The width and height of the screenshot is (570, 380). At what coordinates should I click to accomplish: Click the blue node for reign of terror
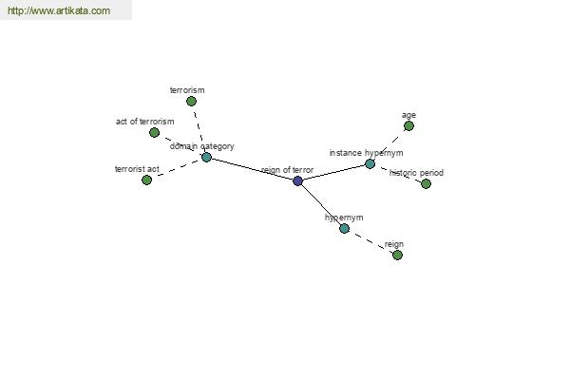coord(297,180)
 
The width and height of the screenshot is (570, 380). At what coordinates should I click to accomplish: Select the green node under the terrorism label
coord(191,101)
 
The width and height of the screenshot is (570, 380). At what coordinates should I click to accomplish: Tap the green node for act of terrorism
coord(154,132)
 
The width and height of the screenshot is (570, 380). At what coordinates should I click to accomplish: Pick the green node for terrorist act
coord(146,180)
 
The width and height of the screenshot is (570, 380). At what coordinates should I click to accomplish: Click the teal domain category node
coord(206,158)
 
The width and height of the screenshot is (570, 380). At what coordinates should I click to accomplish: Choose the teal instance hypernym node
coord(370,164)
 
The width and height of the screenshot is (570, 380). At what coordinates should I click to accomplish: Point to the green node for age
coord(408,125)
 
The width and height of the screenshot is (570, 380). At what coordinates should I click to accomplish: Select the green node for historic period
coord(426,183)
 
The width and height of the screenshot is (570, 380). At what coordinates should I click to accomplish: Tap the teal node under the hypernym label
coord(344,228)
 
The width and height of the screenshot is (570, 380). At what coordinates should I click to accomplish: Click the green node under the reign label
coord(397,255)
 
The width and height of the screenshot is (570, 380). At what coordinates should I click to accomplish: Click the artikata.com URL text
coord(59,10)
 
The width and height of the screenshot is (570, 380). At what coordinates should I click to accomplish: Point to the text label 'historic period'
coord(416,173)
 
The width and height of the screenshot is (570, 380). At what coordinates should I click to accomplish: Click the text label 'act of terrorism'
coord(144,122)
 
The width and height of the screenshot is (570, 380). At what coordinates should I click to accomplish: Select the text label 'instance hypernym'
coord(366,153)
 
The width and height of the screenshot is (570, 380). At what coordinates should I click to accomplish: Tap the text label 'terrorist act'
coord(137,169)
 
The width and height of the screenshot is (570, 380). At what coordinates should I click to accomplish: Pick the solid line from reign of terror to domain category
coord(252,169)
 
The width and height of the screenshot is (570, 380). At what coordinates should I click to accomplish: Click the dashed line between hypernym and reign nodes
coord(370,242)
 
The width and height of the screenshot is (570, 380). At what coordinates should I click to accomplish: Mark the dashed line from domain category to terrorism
coord(199,130)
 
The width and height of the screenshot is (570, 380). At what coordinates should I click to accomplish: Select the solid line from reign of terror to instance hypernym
coord(333,172)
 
